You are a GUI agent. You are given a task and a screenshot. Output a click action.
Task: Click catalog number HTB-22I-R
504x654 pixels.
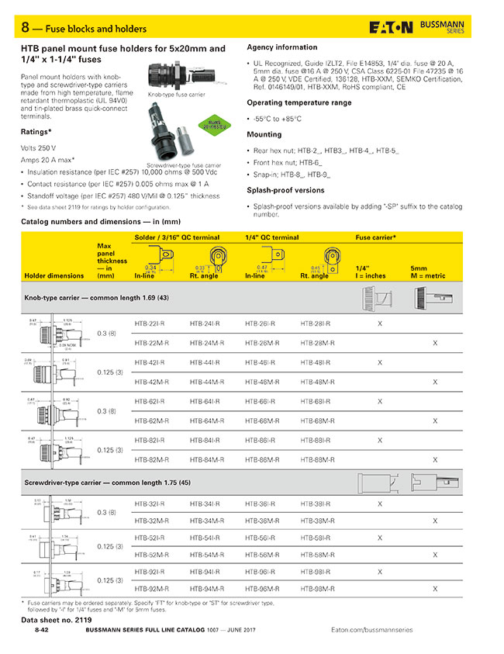coord(151,324)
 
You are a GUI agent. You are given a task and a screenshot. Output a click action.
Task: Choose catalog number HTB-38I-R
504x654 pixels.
coord(316,503)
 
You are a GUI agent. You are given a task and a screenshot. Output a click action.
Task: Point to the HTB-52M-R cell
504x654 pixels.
coord(151,555)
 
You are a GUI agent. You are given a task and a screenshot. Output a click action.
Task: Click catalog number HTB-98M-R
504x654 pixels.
coord(316,589)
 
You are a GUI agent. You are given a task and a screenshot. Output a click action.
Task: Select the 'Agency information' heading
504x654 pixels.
coord(281,47)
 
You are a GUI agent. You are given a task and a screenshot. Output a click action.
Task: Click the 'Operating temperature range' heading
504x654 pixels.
coord(299,102)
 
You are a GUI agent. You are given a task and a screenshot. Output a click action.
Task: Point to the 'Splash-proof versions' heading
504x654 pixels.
coord(285,190)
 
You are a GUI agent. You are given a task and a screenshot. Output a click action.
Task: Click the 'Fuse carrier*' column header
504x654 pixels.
coord(376,237)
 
